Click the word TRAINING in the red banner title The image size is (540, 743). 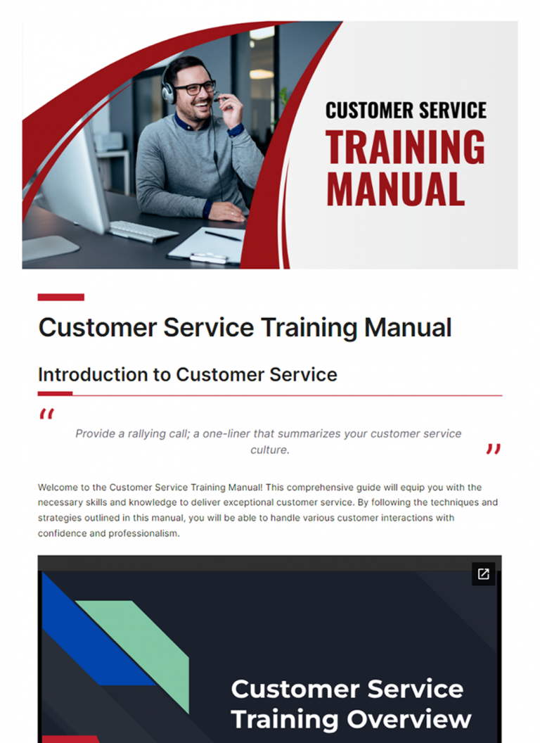405,147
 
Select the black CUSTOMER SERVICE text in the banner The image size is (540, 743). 406,110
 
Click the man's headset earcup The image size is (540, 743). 168,91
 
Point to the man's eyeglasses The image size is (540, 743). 195,89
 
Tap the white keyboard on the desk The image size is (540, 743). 142,229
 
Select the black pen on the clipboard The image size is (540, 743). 222,236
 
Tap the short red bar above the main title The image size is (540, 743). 60,297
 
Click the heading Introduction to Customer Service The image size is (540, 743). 187,374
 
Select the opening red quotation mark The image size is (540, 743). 46,414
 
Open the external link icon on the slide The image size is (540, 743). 483,573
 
